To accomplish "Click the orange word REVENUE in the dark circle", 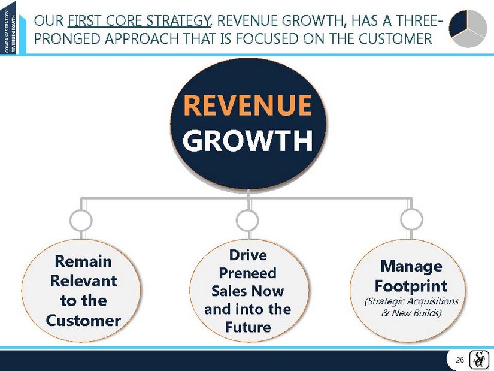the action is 248,105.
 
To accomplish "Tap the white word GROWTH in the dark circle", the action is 248,140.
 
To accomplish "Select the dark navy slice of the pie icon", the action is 459,23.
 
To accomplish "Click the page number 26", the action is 460,360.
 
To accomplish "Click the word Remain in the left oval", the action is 83,261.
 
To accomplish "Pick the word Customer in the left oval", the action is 83,321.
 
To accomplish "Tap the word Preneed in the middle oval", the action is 248,273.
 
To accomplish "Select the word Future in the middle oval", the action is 248,327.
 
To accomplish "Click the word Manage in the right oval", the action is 411,266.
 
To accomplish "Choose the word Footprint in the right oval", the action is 411,286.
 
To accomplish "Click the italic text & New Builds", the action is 411,313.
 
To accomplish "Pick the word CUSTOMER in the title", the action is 395,38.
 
